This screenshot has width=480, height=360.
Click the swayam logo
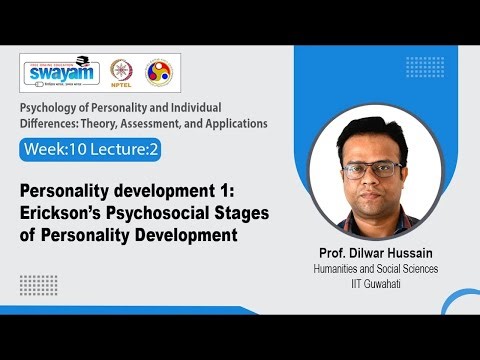(x=61, y=74)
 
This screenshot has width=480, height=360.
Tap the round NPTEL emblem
(x=122, y=73)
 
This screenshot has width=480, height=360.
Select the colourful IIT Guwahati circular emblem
(x=157, y=73)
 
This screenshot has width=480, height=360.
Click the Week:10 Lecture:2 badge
(x=89, y=149)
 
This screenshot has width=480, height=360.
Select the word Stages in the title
(x=249, y=214)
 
